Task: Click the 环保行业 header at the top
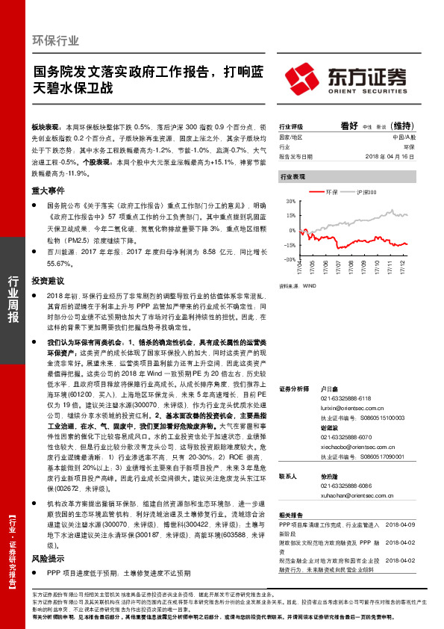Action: click(x=56, y=40)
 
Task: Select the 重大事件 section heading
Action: click(x=46, y=191)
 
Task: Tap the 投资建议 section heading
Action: click(x=46, y=282)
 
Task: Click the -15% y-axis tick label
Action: click(x=290, y=245)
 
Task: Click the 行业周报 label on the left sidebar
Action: click(x=13, y=299)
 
